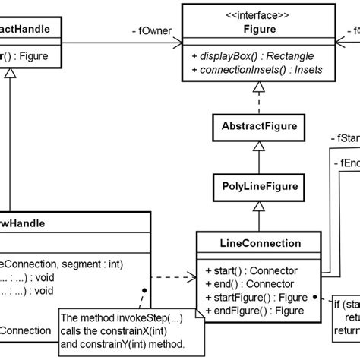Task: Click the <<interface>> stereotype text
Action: coord(249,13)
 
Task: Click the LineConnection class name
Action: coord(249,244)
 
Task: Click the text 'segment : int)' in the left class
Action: coord(83,264)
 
